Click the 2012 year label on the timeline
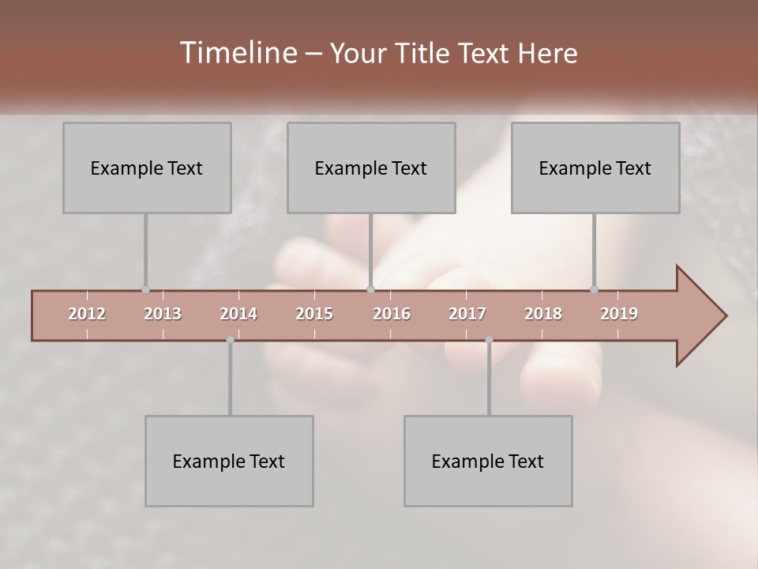click(x=87, y=314)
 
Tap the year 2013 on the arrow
click(x=163, y=314)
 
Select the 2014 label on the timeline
click(x=238, y=314)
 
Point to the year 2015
click(x=314, y=314)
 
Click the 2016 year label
click(x=392, y=314)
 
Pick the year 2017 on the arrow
click(x=467, y=314)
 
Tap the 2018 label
click(x=543, y=314)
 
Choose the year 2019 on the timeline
click(x=619, y=314)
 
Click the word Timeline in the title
click(x=238, y=53)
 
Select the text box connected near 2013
click(x=147, y=168)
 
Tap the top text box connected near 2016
click(x=371, y=168)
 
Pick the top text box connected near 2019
click(x=595, y=168)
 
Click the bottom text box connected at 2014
click(x=229, y=461)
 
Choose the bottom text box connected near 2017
click(x=488, y=461)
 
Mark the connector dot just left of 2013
click(x=145, y=290)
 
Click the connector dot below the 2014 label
click(x=230, y=340)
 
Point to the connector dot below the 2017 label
click(x=489, y=340)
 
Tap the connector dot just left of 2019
click(x=594, y=290)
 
